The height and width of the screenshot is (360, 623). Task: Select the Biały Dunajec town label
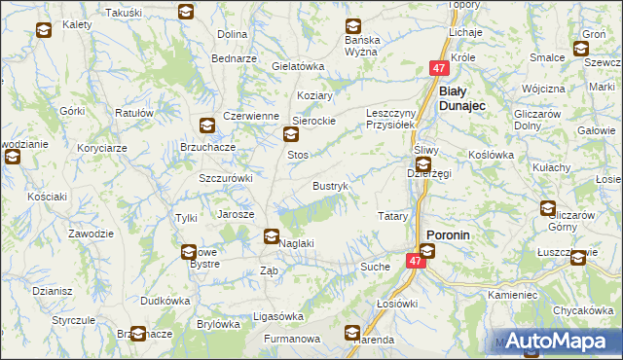point(466,98)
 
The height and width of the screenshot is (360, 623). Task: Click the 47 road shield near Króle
point(439,68)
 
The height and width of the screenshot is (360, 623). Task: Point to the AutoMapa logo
point(558,342)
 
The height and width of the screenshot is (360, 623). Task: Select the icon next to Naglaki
point(272,235)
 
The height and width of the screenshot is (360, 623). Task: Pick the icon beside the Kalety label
point(44,31)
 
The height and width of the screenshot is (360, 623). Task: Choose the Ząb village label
point(270,271)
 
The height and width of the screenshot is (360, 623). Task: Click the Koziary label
point(315,95)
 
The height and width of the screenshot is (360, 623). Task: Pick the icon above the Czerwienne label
point(207,125)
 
